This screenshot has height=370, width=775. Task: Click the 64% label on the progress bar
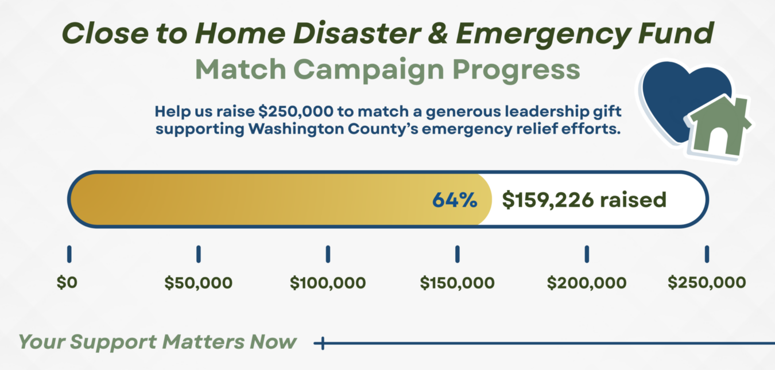point(455,200)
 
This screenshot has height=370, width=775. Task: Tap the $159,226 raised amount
point(584,200)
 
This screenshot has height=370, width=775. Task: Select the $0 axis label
point(67,282)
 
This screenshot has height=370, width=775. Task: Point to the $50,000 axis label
point(198,283)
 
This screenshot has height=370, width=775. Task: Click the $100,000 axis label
point(328,283)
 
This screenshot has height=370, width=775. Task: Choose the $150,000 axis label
point(457,283)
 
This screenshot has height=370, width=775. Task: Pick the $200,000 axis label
point(587,283)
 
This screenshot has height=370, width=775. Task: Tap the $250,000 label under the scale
point(707,282)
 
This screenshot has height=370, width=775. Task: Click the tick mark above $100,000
point(328,254)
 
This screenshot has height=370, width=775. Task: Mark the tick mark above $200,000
point(587,254)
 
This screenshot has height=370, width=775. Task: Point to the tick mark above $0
point(69,254)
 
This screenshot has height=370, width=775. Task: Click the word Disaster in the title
point(356,33)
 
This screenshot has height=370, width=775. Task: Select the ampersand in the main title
point(438,33)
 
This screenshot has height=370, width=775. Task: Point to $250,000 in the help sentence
point(296,112)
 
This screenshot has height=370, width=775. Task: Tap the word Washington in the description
point(296,129)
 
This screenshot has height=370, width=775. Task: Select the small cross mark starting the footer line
point(322,344)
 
